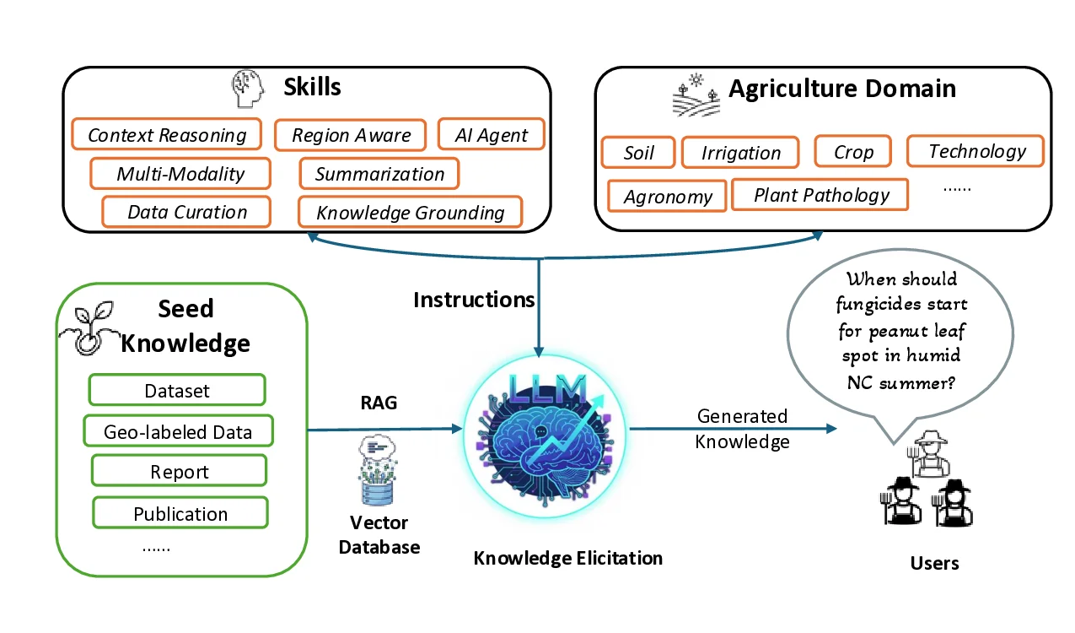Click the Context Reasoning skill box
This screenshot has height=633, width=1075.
(x=166, y=135)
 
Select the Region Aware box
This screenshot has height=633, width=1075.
(x=350, y=135)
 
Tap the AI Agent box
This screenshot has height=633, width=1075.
(x=491, y=135)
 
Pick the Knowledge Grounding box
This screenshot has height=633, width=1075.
(x=410, y=213)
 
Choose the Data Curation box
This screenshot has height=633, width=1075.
(x=186, y=212)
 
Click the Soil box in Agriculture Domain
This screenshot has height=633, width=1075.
(x=638, y=153)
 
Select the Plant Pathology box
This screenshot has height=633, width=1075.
(x=820, y=195)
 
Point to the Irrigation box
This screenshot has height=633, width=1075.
(x=740, y=153)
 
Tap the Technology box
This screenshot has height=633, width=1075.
(x=976, y=151)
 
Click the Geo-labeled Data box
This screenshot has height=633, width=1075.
(x=178, y=431)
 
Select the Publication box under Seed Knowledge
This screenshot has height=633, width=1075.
(x=180, y=513)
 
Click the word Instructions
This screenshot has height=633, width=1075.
(x=474, y=300)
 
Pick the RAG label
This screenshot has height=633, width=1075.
(x=379, y=403)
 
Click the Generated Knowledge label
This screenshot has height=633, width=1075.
(x=742, y=429)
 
